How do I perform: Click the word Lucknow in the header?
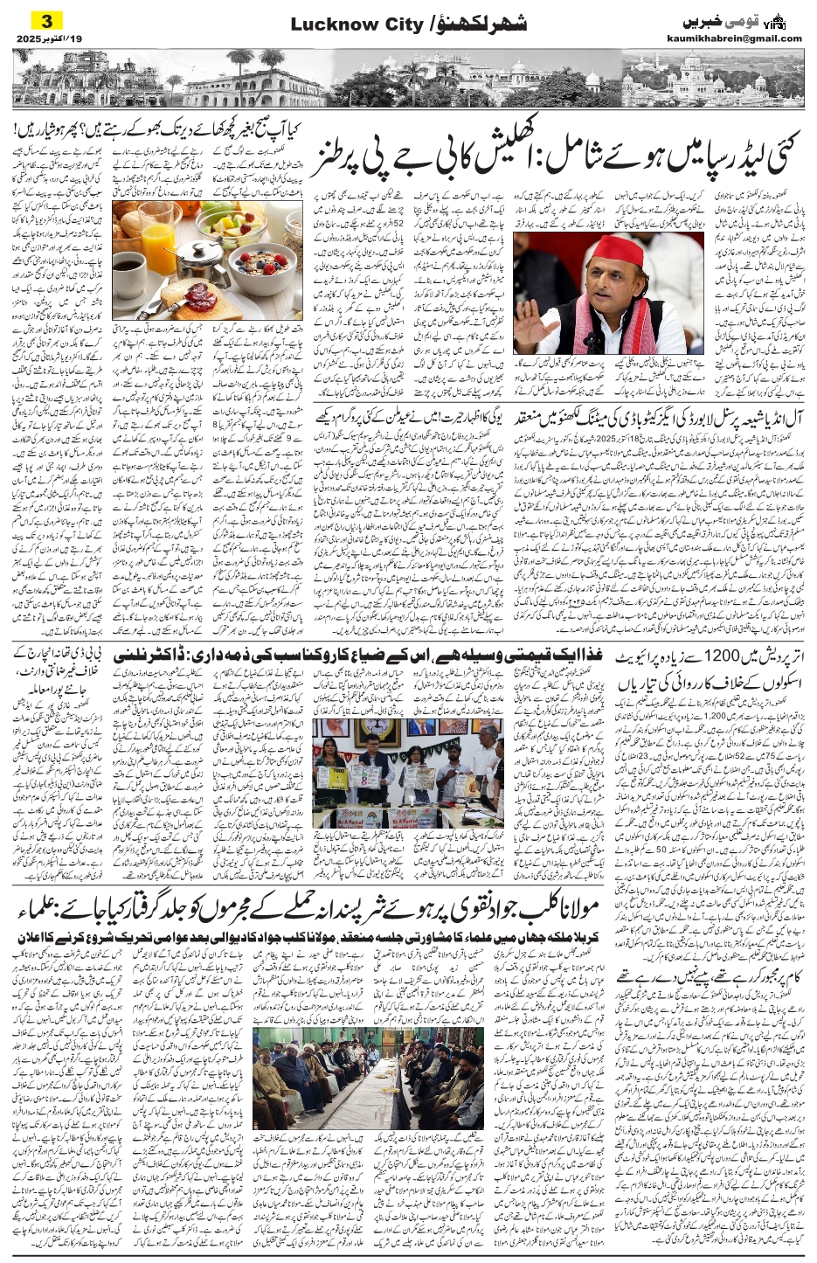(326, 25)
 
